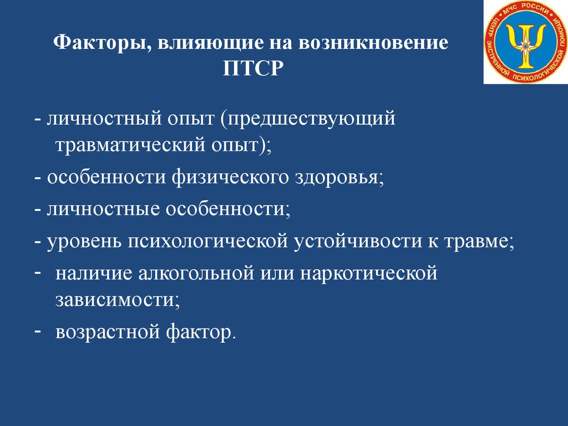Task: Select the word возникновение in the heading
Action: click(374, 42)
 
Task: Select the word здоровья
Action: click(339, 178)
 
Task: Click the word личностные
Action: click(103, 209)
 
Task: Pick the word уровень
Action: click(84, 242)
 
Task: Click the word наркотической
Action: click(369, 274)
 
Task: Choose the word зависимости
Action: click(118, 300)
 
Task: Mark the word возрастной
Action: click(108, 332)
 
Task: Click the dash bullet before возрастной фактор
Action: click(37, 331)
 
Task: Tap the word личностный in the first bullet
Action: click(104, 119)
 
